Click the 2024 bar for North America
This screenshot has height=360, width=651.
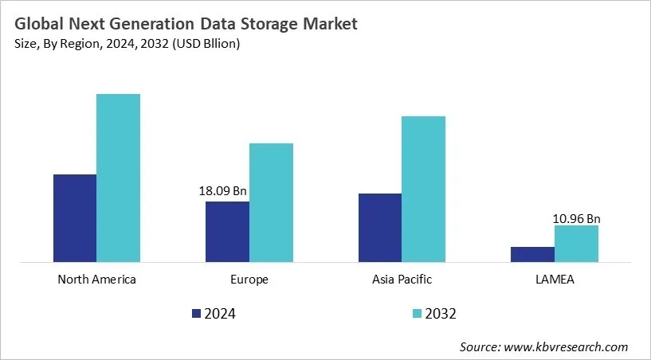(x=75, y=217)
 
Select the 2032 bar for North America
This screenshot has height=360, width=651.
(x=118, y=178)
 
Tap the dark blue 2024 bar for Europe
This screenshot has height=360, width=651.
(x=227, y=231)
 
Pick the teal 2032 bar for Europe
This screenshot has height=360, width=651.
(x=271, y=202)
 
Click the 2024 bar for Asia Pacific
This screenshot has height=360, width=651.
(x=380, y=227)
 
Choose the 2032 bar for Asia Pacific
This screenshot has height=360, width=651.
(x=423, y=189)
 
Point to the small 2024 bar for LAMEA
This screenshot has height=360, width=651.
(x=532, y=254)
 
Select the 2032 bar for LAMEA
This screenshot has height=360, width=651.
(x=576, y=243)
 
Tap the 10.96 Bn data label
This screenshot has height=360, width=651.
(x=576, y=217)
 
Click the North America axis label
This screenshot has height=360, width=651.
(x=96, y=280)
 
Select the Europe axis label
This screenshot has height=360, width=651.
(x=249, y=280)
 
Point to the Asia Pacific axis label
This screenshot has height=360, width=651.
(x=402, y=280)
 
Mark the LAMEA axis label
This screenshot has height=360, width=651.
(x=555, y=280)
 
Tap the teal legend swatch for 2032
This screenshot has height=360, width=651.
(x=418, y=314)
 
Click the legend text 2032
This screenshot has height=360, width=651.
(x=441, y=314)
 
